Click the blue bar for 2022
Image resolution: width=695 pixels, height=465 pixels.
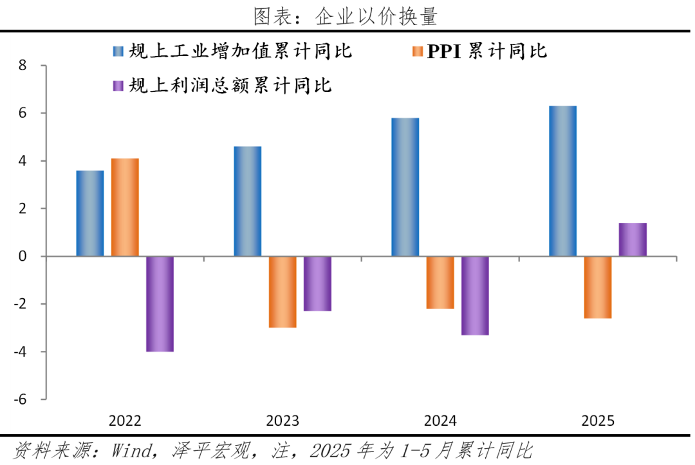coord(90,213)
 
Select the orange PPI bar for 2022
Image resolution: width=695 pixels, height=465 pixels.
coord(125,207)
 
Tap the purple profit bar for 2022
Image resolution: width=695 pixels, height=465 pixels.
coord(160,304)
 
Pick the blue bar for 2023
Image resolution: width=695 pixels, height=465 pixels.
coord(248,202)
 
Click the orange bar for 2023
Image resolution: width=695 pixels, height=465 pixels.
coord(283,292)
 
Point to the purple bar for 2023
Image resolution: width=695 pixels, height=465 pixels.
coord(317,283)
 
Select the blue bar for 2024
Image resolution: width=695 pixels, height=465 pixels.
coord(405,187)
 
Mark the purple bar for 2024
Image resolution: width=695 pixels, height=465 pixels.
coord(475,296)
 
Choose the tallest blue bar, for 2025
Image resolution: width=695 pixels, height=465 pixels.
coord(562,181)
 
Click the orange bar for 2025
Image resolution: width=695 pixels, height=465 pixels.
coord(597,287)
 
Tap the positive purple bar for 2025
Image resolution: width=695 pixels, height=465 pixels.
coord(633,240)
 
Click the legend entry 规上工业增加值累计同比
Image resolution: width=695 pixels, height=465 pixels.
coord(232,52)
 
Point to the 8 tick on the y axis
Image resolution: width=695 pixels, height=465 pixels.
coord(23,66)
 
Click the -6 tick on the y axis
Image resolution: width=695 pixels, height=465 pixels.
coord(21,399)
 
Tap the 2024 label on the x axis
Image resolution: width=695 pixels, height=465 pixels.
coord(440,421)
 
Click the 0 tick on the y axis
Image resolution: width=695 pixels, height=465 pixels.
coord(23,256)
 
